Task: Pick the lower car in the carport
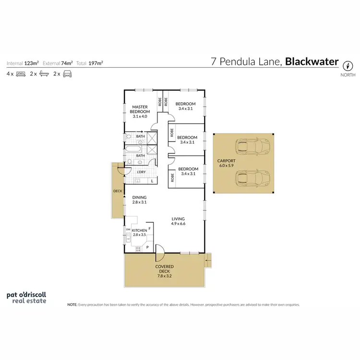click(252, 179)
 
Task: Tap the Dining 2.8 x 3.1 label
click(139, 200)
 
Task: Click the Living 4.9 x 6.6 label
click(178, 221)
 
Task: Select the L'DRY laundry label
click(141, 172)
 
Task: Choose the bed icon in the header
click(21, 74)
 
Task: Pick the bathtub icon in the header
click(44, 74)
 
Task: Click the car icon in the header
click(67, 74)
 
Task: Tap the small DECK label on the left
click(118, 191)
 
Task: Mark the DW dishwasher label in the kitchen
click(128, 230)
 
